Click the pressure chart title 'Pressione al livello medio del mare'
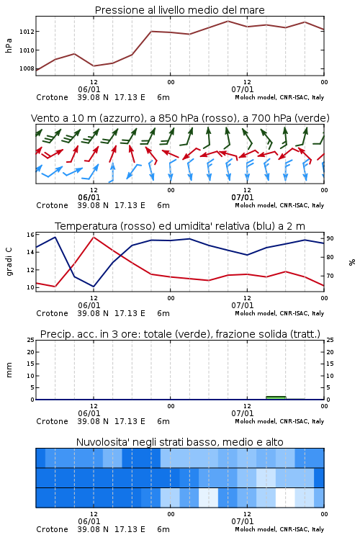point(179,10)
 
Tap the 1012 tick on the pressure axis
point(27,32)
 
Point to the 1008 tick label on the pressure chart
point(27,68)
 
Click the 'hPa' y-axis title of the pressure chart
point(9,45)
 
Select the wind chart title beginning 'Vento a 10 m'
point(180,118)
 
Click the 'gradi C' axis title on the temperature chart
point(9,261)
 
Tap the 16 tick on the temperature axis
point(30,235)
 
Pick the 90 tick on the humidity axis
point(330,238)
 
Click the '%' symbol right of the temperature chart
point(352,262)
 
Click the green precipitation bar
point(276,397)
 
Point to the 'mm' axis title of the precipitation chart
point(9,370)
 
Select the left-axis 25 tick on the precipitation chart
point(31,340)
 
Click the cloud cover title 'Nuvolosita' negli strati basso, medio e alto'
point(179,442)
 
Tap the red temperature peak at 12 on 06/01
point(94,237)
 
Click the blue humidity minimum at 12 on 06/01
point(94,286)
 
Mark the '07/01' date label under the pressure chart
point(242,89)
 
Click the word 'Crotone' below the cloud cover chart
point(52,529)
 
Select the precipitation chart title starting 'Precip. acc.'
point(180,334)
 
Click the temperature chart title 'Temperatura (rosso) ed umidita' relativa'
point(180,226)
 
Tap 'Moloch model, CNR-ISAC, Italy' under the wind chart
point(279,205)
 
